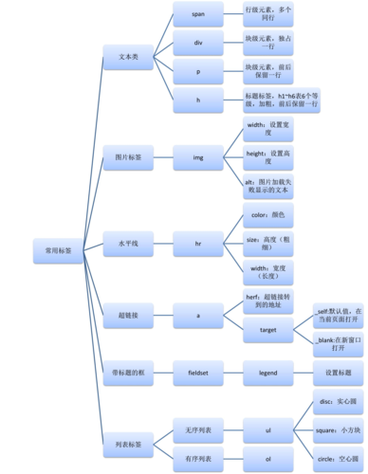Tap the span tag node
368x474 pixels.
[197, 15]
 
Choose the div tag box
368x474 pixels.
[197, 43]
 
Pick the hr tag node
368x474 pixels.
[197, 244]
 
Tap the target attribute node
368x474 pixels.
[267, 329]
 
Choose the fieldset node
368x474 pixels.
[197, 374]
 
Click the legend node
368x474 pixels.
[267, 374]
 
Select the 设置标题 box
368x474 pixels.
[338, 374]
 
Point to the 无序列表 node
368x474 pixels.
[197, 430]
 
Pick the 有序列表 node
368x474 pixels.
[197, 459]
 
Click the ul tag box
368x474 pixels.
[267, 430]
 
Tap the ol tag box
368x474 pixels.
[267, 459]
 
